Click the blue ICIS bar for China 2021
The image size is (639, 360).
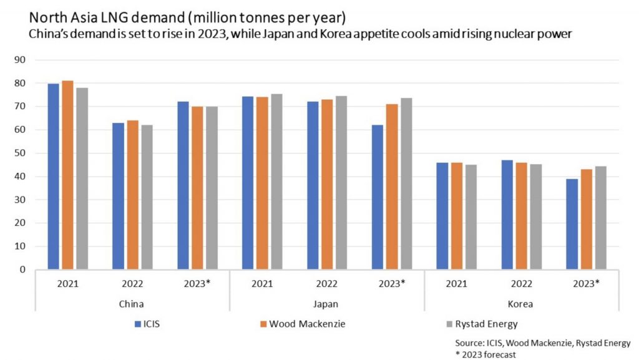54,177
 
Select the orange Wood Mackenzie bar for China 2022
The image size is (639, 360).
132,195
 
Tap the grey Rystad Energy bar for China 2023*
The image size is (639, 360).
212,188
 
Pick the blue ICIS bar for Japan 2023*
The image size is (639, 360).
378,197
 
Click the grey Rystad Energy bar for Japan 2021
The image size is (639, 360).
276,182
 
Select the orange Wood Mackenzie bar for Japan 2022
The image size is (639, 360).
327,185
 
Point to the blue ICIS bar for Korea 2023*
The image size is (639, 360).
572,224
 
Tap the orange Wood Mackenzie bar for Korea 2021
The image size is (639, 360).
456,216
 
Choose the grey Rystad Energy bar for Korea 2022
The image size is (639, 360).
536,216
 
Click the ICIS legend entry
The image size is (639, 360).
147,324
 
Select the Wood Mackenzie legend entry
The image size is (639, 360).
303,324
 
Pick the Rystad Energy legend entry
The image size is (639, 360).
482,324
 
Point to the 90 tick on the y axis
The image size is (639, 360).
19,60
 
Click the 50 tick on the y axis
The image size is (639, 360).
19,153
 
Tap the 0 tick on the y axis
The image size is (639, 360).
22,270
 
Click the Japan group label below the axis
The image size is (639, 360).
326,304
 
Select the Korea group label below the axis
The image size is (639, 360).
520,304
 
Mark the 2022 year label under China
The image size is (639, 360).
132,284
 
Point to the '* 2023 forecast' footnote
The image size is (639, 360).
485,355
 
